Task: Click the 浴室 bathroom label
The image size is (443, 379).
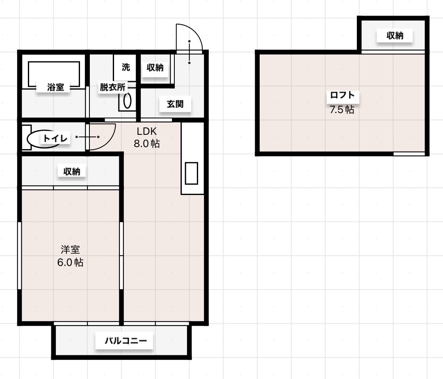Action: [x=56, y=87]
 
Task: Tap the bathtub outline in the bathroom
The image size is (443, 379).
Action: [x=54, y=74]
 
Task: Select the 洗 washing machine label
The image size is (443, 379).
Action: [x=126, y=67]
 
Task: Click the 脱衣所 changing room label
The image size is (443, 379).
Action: [x=112, y=87]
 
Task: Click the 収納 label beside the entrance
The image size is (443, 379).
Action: [x=155, y=68]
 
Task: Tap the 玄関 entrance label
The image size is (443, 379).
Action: [x=175, y=104]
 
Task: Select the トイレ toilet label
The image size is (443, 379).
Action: [x=55, y=138]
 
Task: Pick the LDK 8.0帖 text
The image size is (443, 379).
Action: [x=147, y=138]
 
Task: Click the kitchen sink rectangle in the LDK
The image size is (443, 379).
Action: [x=192, y=173]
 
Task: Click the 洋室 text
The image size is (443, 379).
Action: [x=70, y=249]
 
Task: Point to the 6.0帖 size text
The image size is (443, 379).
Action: [x=70, y=262]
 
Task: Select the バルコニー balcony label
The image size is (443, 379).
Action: [x=124, y=340]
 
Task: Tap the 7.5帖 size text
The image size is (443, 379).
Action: [x=342, y=110]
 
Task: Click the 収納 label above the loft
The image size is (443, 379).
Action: [x=395, y=36]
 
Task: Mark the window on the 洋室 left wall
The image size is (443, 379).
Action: [x=19, y=256]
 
